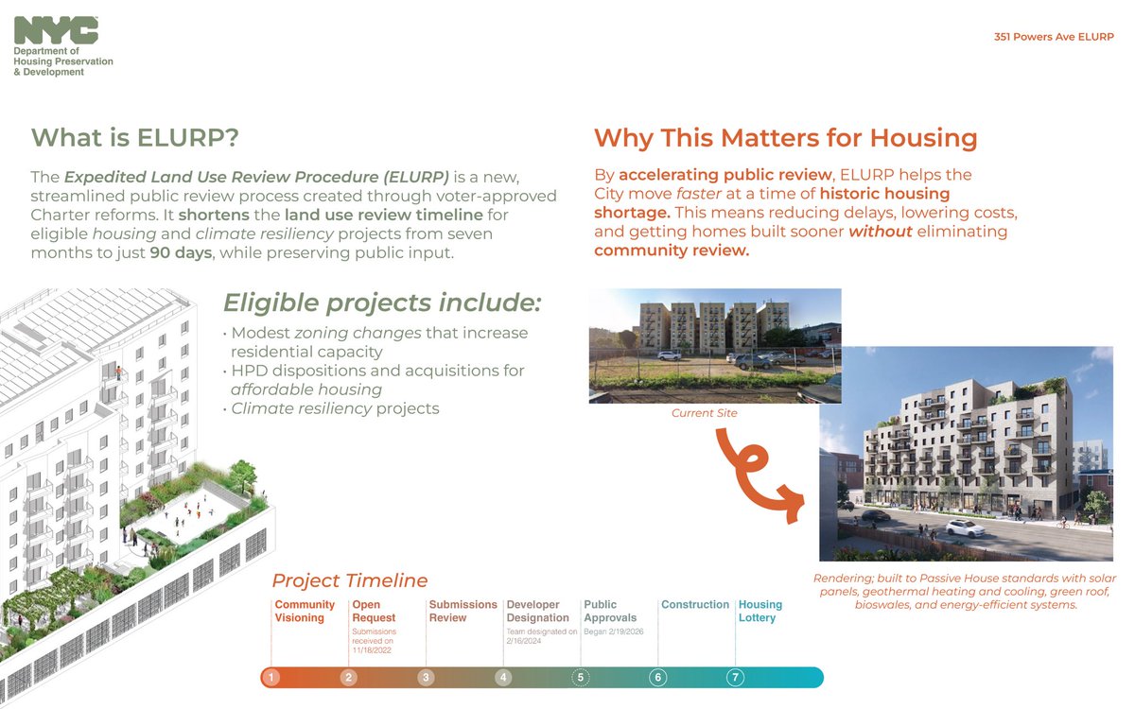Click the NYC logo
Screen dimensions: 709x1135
click(x=56, y=31)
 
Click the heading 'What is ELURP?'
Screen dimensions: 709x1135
click(x=135, y=138)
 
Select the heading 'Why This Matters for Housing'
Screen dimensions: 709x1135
click(x=785, y=138)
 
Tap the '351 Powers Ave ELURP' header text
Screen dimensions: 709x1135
click(x=1055, y=37)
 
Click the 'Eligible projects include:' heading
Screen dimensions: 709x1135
click(x=382, y=303)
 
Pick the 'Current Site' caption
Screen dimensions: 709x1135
click(x=704, y=413)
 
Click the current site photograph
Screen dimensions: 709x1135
click(x=714, y=345)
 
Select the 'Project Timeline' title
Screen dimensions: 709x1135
click(x=350, y=580)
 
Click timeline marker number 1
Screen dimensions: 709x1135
click(x=271, y=677)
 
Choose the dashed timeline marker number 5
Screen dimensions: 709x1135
click(x=582, y=677)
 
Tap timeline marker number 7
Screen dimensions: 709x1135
click(x=737, y=677)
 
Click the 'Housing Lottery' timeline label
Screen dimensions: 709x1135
click(x=760, y=611)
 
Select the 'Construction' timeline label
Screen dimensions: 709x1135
click(x=695, y=605)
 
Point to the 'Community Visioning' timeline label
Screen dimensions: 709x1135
click(x=305, y=611)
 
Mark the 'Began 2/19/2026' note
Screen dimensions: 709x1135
click(x=614, y=631)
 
